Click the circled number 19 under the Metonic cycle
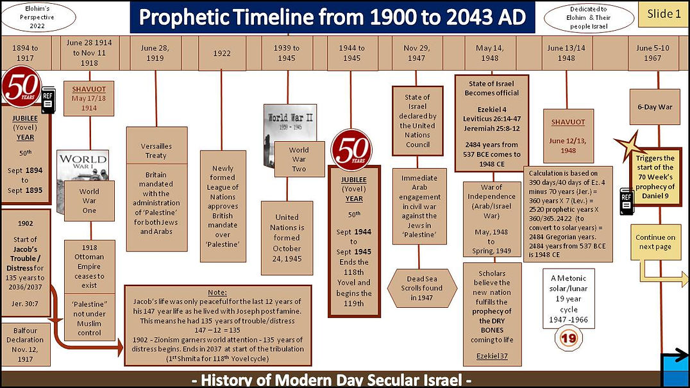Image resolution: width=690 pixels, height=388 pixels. tap(568, 337)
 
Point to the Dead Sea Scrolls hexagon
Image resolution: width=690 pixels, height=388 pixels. tap(423, 288)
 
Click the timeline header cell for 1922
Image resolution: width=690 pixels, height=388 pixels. tap(221, 53)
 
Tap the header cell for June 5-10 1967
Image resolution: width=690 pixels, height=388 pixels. tap(652, 53)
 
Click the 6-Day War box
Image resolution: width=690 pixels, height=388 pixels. tap(655, 107)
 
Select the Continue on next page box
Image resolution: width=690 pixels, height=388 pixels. tap(655, 242)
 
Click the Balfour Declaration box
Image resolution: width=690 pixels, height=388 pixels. tap(25, 344)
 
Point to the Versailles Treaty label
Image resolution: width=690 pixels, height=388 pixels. tap(156, 151)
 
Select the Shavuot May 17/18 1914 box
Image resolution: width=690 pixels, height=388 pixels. tap(88, 98)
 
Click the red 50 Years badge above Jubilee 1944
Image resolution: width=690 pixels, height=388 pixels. tap(351, 149)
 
